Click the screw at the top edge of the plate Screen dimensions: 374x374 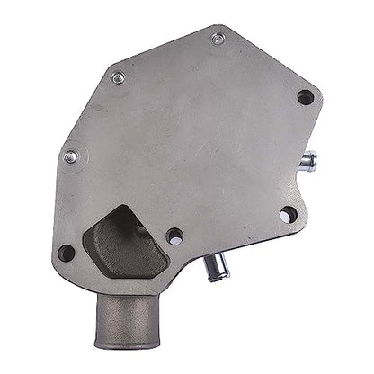[218, 39]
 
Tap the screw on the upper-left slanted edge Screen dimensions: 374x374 [118, 78]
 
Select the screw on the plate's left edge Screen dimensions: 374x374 [71, 156]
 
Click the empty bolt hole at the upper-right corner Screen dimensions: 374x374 [306, 97]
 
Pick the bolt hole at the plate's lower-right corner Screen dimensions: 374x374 [288, 216]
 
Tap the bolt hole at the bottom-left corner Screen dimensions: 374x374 [66, 253]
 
